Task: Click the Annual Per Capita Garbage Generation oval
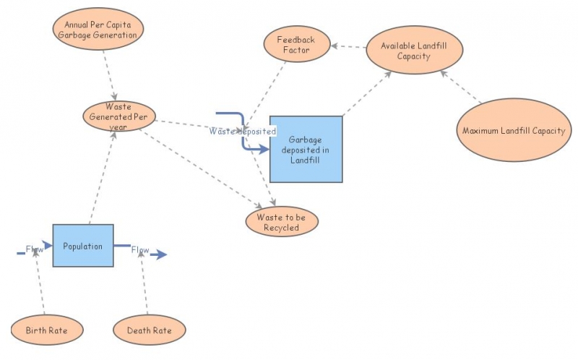[x=99, y=29]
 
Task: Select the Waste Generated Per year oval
[x=118, y=116]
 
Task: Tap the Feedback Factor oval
[x=296, y=45]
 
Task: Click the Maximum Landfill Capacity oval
[x=513, y=130]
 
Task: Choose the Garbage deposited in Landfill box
[x=306, y=149]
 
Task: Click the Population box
[x=83, y=246]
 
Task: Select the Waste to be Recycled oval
[x=282, y=222]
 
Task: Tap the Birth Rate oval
[x=48, y=330]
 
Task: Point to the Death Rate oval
[x=150, y=330]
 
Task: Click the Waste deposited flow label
[x=243, y=132]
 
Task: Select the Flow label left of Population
[x=35, y=250]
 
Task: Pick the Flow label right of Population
[x=140, y=251]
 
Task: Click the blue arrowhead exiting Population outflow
[x=160, y=254]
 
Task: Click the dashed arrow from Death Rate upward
[x=144, y=286]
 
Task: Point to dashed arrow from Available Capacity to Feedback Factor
[x=352, y=47]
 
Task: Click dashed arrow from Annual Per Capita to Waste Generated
[x=109, y=76]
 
